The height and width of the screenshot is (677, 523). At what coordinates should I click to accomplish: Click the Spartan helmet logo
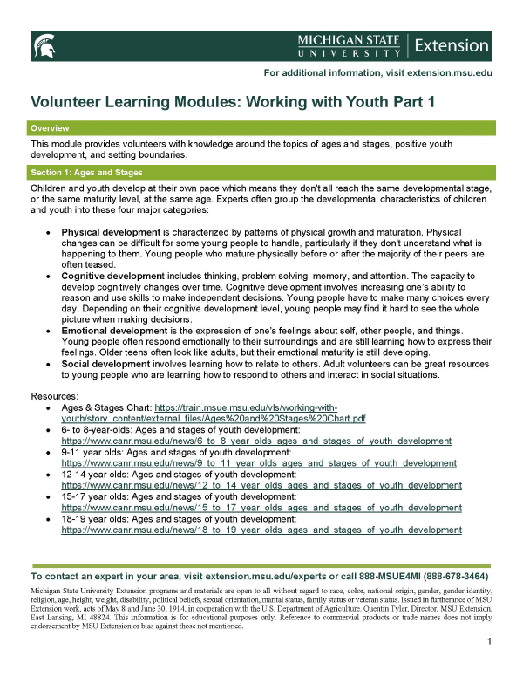coord(44,45)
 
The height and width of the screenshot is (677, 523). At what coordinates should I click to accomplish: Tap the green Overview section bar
coord(261,128)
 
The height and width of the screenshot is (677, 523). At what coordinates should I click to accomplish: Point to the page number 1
coord(491,642)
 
